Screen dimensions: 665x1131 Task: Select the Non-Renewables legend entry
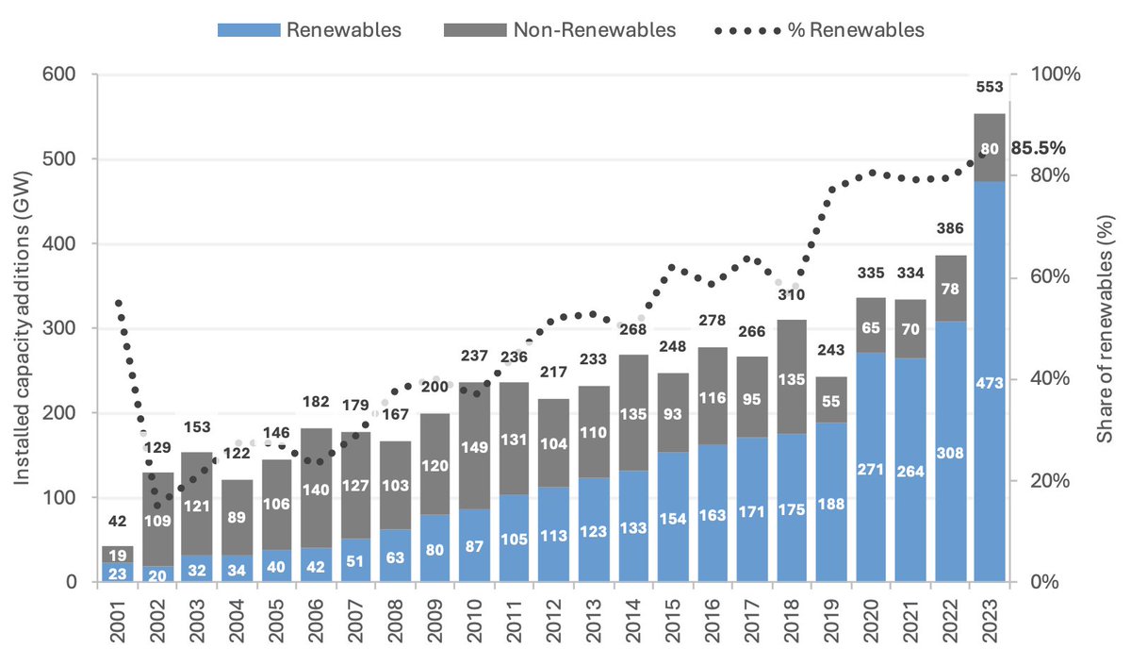click(x=560, y=29)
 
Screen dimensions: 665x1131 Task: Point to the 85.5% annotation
click(x=1038, y=148)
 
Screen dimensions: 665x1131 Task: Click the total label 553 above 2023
click(x=989, y=87)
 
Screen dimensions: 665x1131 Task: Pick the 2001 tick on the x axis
click(x=118, y=622)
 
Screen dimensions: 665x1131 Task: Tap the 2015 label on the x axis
click(x=673, y=622)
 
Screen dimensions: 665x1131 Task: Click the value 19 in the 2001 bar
click(x=118, y=556)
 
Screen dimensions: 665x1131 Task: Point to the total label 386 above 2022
click(x=950, y=228)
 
